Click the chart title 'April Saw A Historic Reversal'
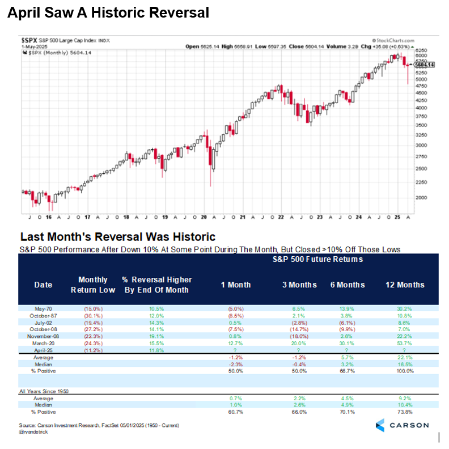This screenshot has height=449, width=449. pyautogui.click(x=108, y=12)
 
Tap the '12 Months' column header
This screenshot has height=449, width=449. pyautogui.click(x=405, y=285)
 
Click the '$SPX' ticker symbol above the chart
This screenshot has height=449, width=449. pyautogui.click(x=31, y=41)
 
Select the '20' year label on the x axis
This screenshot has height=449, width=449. pyautogui.click(x=204, y=217)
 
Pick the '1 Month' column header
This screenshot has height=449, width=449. pyautogui.click(x=236, y=285)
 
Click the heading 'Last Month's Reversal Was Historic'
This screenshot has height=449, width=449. pyautogui.click(x=117, y=237)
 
